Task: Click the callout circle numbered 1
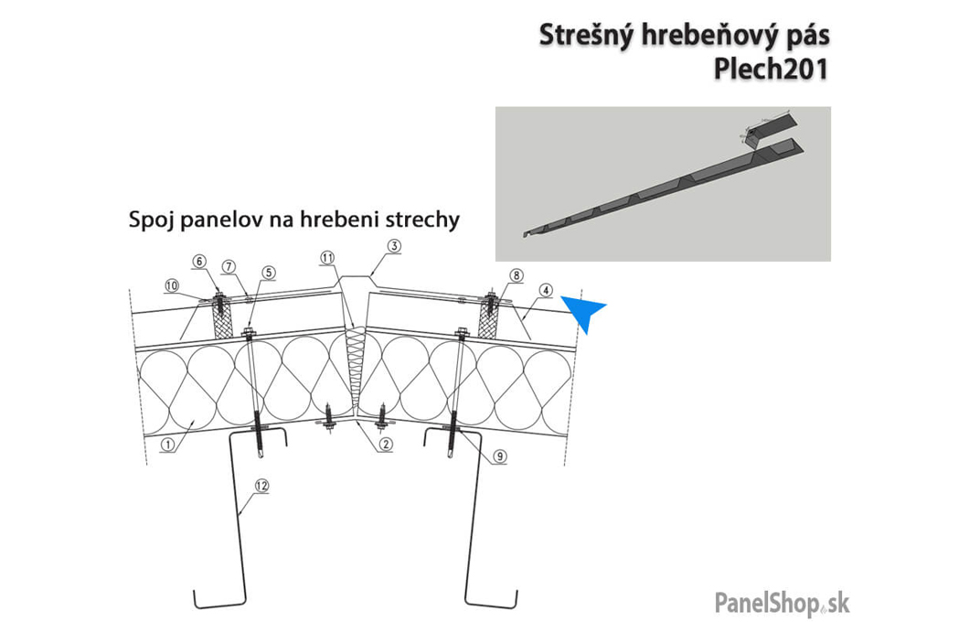tap(168, 445)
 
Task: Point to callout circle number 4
tap(545, 292)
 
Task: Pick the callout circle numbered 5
tap(268, 272)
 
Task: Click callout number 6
tap(198, 261)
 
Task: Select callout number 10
tap(171, 286)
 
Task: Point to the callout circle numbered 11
tap(327, 259)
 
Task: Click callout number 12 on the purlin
tap(262, 487)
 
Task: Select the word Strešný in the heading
tap(580, 36)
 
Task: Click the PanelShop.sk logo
tap(781, 604)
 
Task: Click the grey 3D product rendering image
tap(663, 184)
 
